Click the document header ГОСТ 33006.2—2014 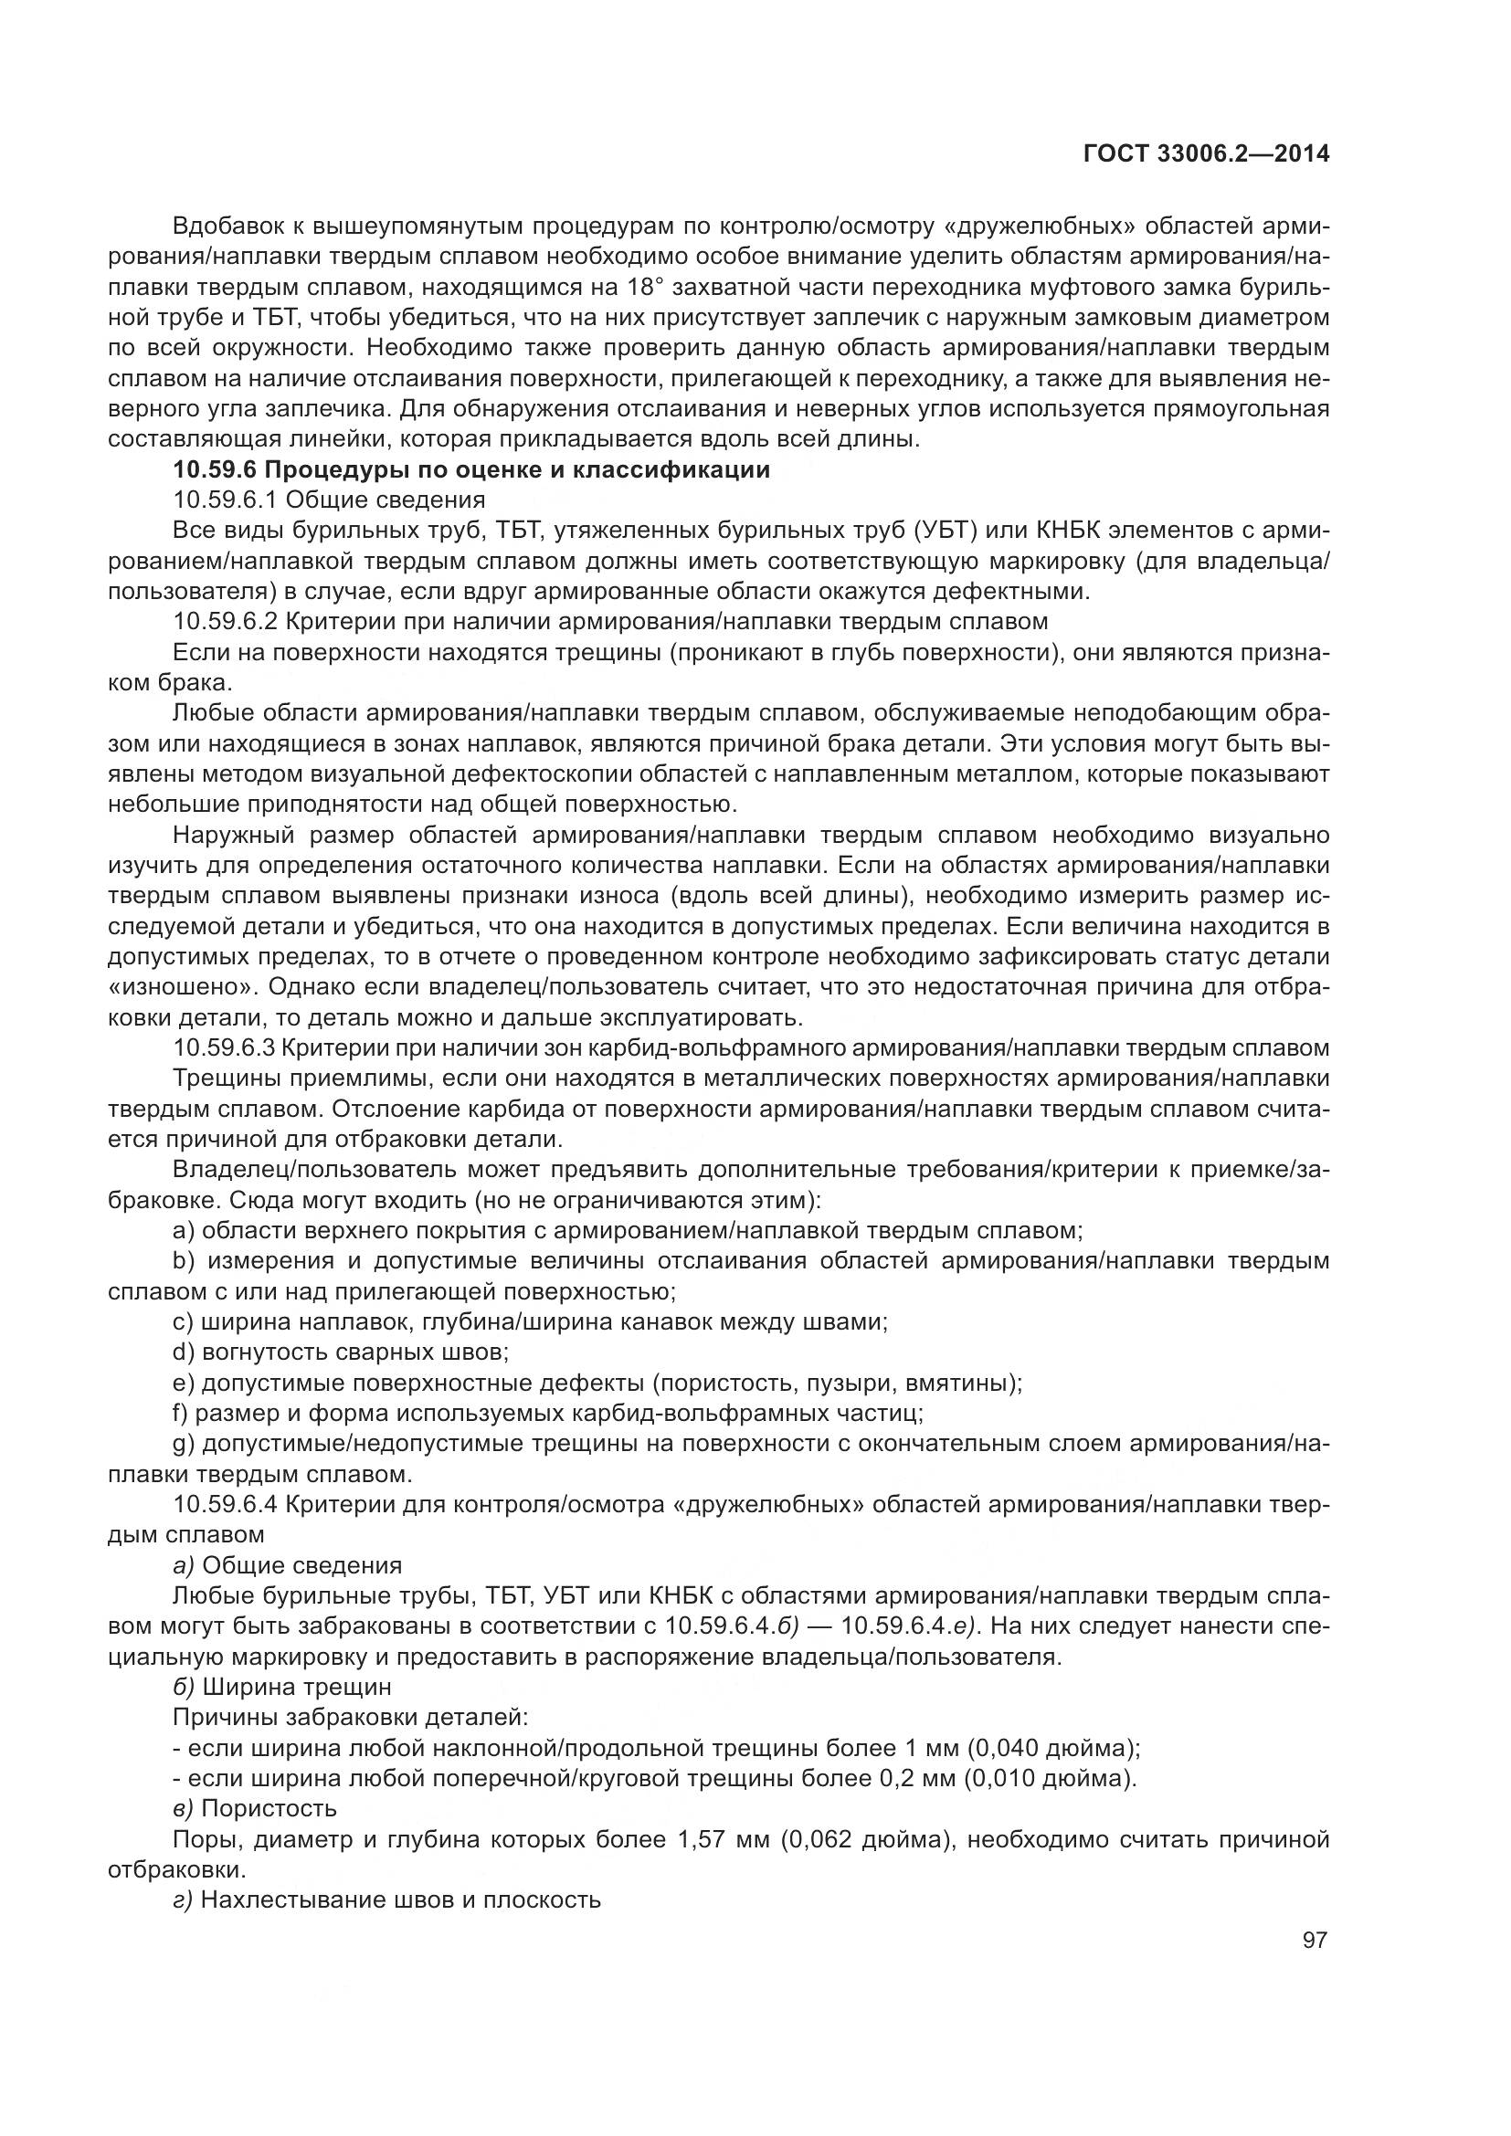click(x=1206, y=154)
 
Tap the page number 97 click(x=1315, y=1940)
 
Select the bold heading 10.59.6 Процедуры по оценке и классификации click(x=471, y=469)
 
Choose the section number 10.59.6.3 click(x=224, y=1047)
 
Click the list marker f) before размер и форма click(x=181, y=1413)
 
